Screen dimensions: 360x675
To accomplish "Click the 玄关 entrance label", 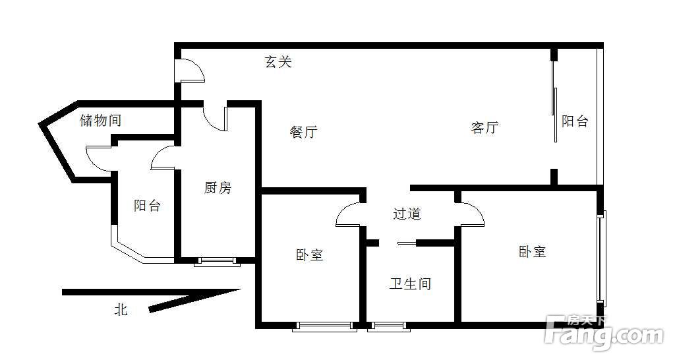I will pyautogui.click(x=278, y=62).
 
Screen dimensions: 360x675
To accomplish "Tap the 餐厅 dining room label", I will pyautogui.click(x=303, y=132).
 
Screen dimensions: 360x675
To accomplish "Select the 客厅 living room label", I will pyautogui.click(x=484, y=127).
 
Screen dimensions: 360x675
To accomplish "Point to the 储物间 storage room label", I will pyautogui.click(x=100, y=121).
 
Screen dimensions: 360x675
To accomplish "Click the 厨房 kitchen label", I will pyautogui.click(x=218, y=188).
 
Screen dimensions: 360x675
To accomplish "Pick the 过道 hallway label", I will pyautogui.click(x=407, y=214).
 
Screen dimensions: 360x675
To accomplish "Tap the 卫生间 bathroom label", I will pyautogui.click(x=410, y=284).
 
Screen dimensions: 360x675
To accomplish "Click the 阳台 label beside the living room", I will pyautogui.click(x=574, y=121).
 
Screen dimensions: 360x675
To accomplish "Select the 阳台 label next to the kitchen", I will pyautogui.click(x=147, y=205).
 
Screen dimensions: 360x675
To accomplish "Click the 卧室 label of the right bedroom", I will pyautogui.click(x=532, y=251).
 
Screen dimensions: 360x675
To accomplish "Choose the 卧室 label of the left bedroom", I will pyautogui.click(x=309, y=255).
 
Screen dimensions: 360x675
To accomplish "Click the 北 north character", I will pyautogui.click(x=121, y=309).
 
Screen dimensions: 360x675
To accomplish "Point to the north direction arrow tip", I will pyautogui.click(x=239, y=289).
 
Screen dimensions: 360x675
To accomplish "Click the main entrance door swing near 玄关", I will pyautogui.click(x=192, y=71).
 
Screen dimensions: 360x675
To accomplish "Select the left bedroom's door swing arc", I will pyautogui.click(x=348, y=215).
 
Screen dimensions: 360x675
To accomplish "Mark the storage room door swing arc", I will pyautogui.click(x=98, y=159).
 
